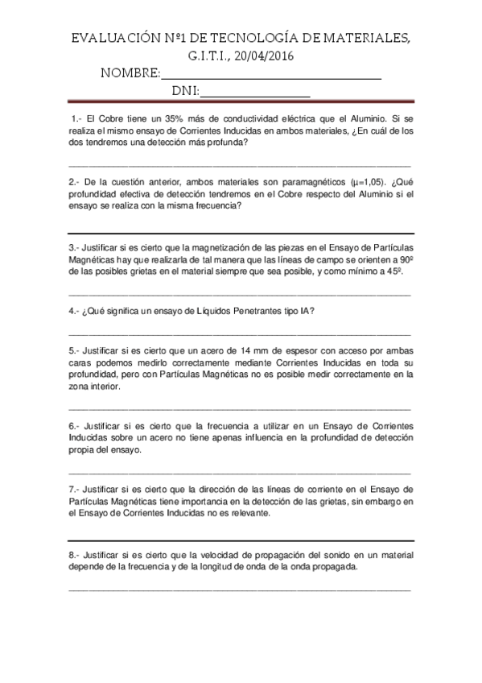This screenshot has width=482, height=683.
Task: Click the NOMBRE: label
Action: tap(130, 74)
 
